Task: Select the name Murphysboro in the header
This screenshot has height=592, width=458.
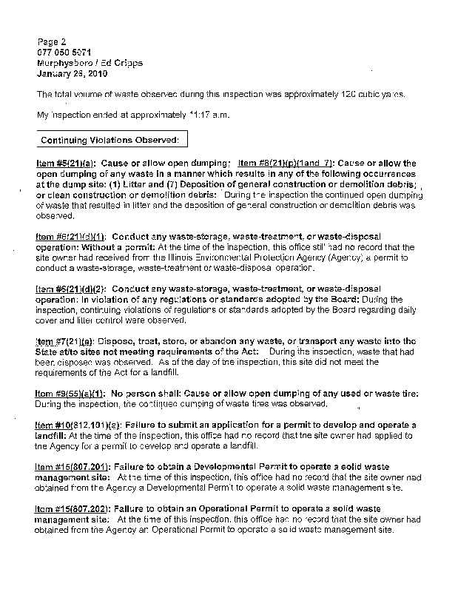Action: [x=65, y=64]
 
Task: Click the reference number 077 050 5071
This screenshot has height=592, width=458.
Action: [x=65, y=53]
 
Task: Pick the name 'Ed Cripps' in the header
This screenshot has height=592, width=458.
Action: [x=121, y=64]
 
